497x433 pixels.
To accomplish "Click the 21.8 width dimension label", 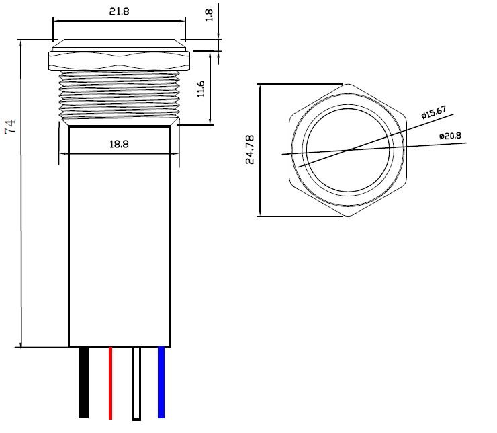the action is (x=119, y=11).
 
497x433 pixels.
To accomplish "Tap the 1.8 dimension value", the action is (x=209, y=15).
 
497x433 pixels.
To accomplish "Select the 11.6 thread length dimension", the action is (x=201, y=89).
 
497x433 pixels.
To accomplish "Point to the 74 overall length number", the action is (x=10, y=126).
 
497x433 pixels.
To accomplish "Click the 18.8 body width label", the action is (x=119, y=145).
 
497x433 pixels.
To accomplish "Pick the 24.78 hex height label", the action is (x=250, y=150).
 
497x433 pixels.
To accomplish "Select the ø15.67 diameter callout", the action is (x=434, y=112).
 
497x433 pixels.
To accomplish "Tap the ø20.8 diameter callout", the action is (x=450, y=136).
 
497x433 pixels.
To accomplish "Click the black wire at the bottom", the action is (x=83, y=383).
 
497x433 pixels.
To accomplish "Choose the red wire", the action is (x=110, y=383).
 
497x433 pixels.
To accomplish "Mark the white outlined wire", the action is (x=136, y=383).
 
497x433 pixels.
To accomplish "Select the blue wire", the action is (x=161, y=383).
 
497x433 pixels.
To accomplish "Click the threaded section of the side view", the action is (x=119, y=95).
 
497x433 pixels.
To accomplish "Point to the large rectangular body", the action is (x=120, y=237).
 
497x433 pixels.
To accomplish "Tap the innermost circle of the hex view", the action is (x=348, y=151).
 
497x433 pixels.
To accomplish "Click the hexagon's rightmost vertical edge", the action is (x=406, y=150).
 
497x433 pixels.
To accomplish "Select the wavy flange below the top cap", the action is (x=119, y=61).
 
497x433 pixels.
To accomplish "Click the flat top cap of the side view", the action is (x=119, y=45).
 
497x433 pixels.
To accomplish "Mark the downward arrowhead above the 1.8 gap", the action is (x=218, y=36).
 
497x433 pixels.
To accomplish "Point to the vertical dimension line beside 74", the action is (x=21, y=194).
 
